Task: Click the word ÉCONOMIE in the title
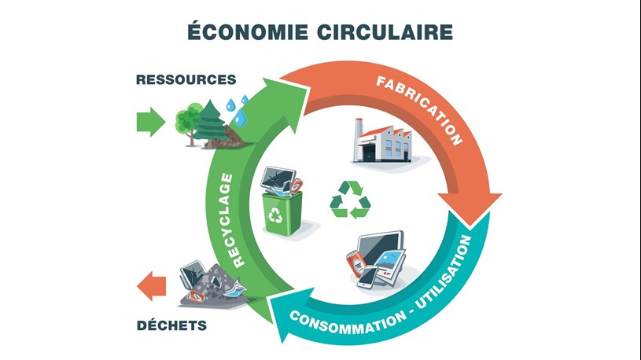[x=247, y=31]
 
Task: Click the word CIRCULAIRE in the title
[x=385, y=32]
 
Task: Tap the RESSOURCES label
[x=186, y=79]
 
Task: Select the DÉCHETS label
[x=171, y=325]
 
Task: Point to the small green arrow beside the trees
[x=151, y=122]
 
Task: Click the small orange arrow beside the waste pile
[x=152, y=286]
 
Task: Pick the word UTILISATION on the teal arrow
[x=447, y=271]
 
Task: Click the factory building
[x=383, y=141]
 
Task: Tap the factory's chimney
[x=359, y=138]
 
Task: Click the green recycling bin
[x=282, y=213]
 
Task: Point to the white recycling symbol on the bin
[x=275, y=215]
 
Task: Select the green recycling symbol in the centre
[x=350, y=200]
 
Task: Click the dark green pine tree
[x=210, y=123]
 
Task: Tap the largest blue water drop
[x=240, y=117]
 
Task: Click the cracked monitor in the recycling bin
[x=278, y=178]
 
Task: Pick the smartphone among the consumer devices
[x=367, y=278]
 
